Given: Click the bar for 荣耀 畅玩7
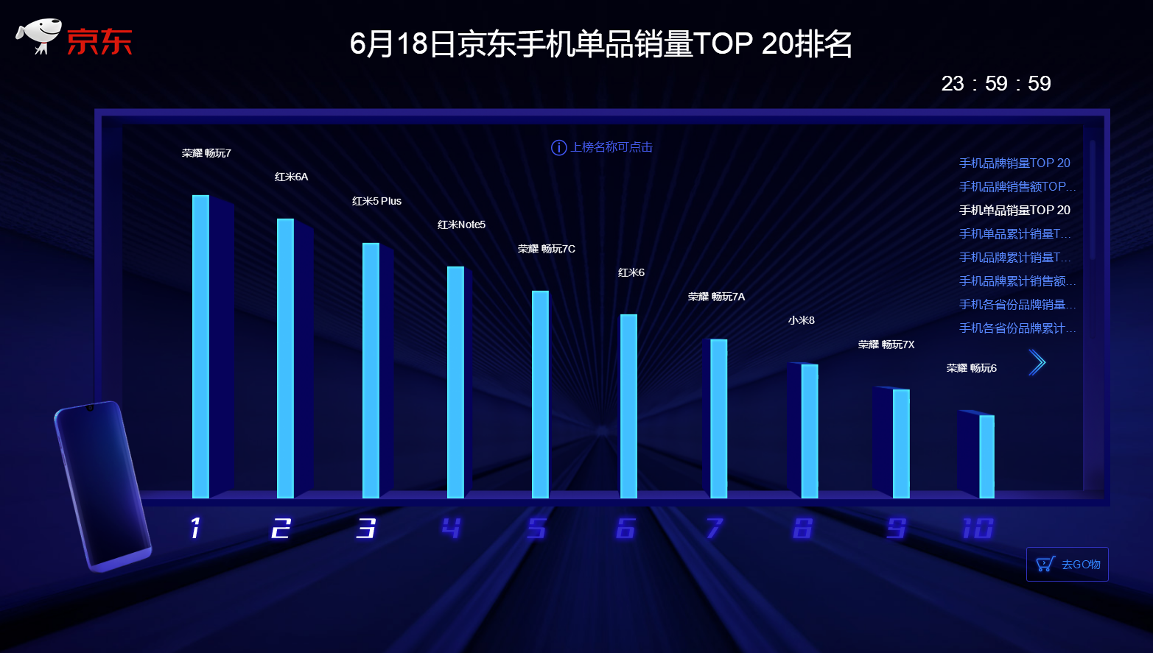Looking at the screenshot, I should click(x=201, y=346).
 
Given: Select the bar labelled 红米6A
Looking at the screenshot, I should click(x=285, y=358).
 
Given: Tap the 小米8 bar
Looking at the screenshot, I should click(x=809, y=431).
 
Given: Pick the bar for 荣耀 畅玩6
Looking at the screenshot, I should click(x=986, y=456).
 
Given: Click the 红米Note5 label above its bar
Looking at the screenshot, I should click(x=461, y=225).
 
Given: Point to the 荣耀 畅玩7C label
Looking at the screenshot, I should click(x=546, y=249).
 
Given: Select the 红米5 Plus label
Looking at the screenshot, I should click(x=376, y=201).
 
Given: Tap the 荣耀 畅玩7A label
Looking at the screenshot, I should click(x=716, y=297).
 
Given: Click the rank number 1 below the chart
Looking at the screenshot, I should click(x=195, y=528).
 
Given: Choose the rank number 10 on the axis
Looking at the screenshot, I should click(x=978, y=528).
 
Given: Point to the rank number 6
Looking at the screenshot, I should click(x=625, y=528).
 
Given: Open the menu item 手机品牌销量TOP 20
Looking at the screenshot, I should click(x=1014, y=163).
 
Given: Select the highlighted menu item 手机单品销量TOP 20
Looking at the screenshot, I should click(x=1014, y=210).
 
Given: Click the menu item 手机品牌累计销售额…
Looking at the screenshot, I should click(x=1017, y=280).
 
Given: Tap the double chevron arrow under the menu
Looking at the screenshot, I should click(x=1037, y=362).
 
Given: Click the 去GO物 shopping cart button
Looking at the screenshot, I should click(x=1067, y=564).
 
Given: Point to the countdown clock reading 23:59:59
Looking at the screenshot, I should click(x=996, y=83).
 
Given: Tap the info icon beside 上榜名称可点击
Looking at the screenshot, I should click(x=558, y=147).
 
